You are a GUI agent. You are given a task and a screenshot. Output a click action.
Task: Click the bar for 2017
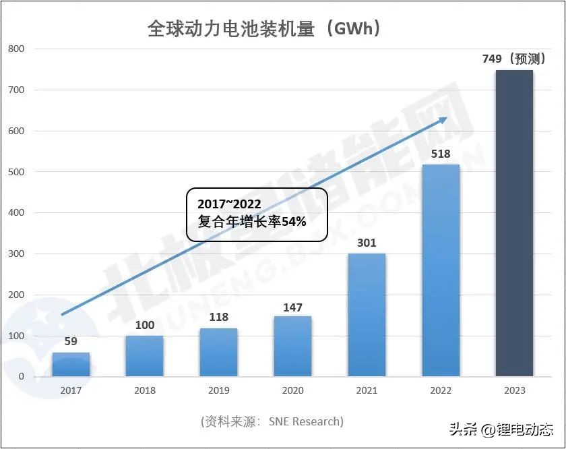71,364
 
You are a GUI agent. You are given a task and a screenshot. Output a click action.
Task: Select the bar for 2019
218,352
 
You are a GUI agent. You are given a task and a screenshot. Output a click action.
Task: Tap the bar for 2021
367,315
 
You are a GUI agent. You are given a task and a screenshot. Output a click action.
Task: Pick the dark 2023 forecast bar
514,223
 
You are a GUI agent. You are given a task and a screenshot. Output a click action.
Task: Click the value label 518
440,154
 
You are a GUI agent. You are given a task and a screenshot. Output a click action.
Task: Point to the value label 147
292,307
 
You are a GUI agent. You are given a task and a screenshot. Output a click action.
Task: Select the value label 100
145,326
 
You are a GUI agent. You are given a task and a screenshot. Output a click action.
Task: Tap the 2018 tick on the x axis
145,390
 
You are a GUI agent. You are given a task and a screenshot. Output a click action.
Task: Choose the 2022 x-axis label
440,390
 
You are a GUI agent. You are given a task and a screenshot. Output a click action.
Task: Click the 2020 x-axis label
292,390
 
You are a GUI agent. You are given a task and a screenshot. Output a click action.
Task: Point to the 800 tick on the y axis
16,49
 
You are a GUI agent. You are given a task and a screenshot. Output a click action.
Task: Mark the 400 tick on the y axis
16,213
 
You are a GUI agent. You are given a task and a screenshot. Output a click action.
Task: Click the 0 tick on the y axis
21,377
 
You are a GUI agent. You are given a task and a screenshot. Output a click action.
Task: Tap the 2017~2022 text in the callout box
229,204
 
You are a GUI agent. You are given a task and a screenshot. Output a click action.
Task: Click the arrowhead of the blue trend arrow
443,119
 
